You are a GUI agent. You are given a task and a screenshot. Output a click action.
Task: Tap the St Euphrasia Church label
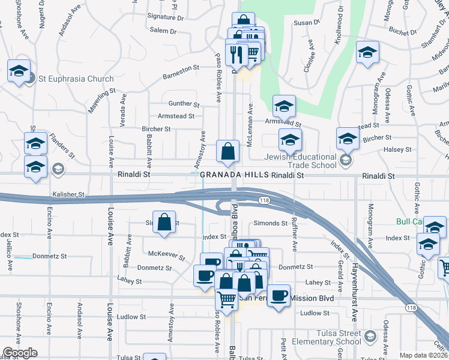(x=76, y=79)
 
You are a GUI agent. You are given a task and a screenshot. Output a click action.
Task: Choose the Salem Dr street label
(x=163, y=31)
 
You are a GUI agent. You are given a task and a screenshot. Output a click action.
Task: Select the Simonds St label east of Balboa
(x=271, y=223)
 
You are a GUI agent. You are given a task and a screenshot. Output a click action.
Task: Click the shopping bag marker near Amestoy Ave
(x=164, y=223)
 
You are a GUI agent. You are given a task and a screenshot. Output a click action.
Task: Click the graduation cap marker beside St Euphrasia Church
(x=19, y=71)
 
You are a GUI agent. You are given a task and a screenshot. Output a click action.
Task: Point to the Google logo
(x=20, y=353)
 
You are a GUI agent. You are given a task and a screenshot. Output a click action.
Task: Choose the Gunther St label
(x=183, y=104)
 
